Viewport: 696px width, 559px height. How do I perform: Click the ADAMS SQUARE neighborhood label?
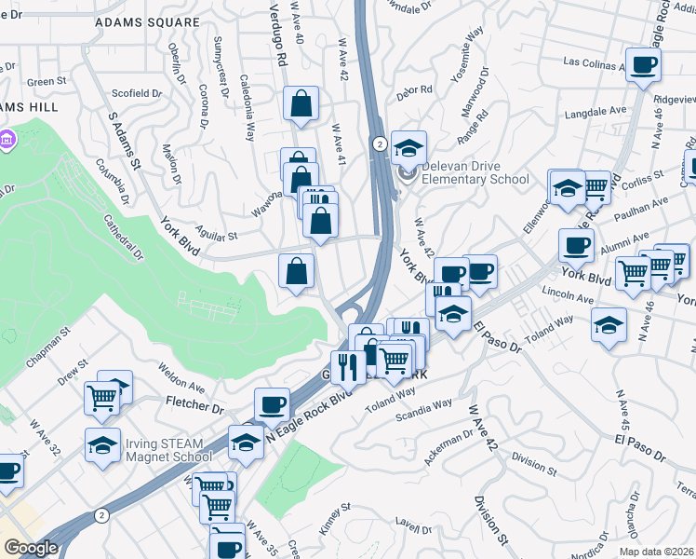147,21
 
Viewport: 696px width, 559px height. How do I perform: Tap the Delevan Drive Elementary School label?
475,172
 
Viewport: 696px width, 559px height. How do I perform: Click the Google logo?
31,548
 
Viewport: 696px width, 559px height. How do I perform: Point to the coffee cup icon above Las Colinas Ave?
643,64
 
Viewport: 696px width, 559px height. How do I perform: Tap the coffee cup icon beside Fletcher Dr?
272,403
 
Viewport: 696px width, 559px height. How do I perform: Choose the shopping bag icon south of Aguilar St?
296,272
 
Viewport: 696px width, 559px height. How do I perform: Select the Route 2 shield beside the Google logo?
101,515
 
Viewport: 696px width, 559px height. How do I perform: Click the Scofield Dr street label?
137,93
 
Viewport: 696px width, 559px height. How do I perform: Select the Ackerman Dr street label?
451,448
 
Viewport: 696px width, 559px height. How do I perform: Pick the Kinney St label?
331,519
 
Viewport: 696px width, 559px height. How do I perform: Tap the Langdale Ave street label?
596,111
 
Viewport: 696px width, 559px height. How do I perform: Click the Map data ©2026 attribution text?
657,552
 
